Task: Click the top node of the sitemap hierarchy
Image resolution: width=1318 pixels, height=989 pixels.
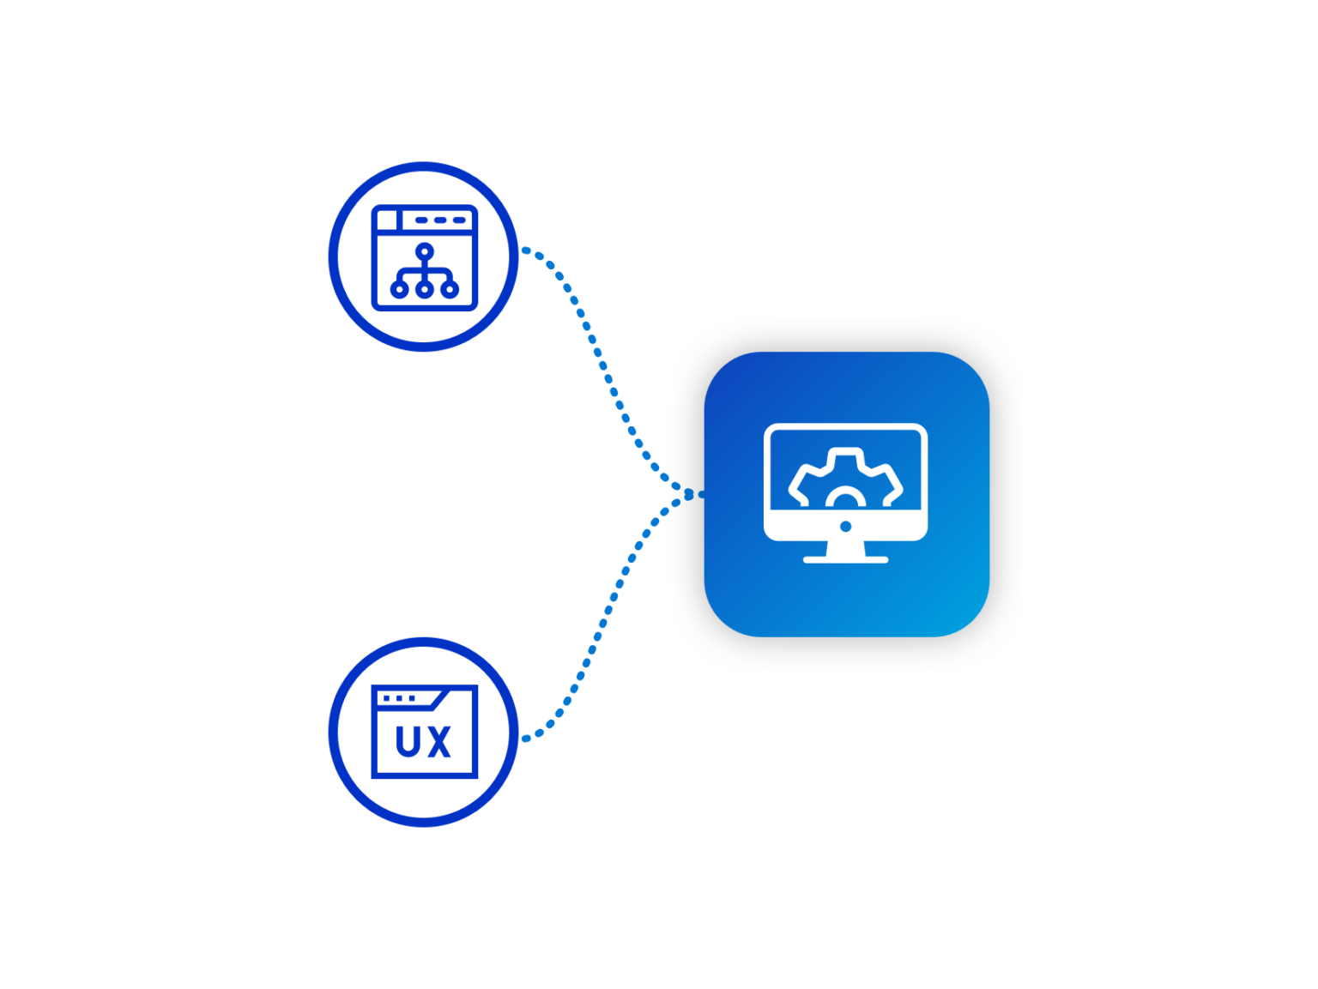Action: click(425, 251)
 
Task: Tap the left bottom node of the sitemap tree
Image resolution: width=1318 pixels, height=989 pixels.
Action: click(400, 289)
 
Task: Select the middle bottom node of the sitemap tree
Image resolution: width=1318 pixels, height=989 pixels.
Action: click(425, 289)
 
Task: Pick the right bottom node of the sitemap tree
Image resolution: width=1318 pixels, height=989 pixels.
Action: click(450, 289)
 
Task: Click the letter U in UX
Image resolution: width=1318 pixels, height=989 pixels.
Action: click(408, 742)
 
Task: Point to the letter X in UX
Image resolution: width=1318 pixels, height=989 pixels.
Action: click(439, 742)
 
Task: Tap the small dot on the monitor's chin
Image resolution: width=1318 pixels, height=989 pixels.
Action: click(845, 526)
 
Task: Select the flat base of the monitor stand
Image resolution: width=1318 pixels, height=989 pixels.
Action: click(845, 560)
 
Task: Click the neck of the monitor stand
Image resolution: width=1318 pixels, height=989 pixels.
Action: click(845, 548)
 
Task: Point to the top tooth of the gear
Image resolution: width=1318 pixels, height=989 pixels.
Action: click(845, 454)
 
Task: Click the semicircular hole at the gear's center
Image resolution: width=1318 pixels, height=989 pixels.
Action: click(845, 500)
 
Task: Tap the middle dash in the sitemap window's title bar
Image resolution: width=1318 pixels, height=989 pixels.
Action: click(440, 220)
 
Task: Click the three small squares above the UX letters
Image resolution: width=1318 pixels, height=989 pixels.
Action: click(400, 698)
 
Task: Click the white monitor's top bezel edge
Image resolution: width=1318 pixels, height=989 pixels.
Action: click(845, 427)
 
